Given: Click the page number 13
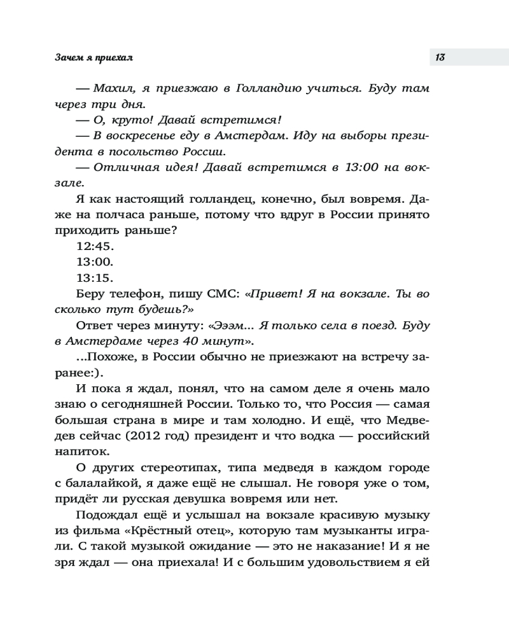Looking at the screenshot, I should click(440, 57).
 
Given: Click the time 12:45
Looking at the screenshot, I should click(94, 247).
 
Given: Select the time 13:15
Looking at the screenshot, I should click(94, 278).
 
